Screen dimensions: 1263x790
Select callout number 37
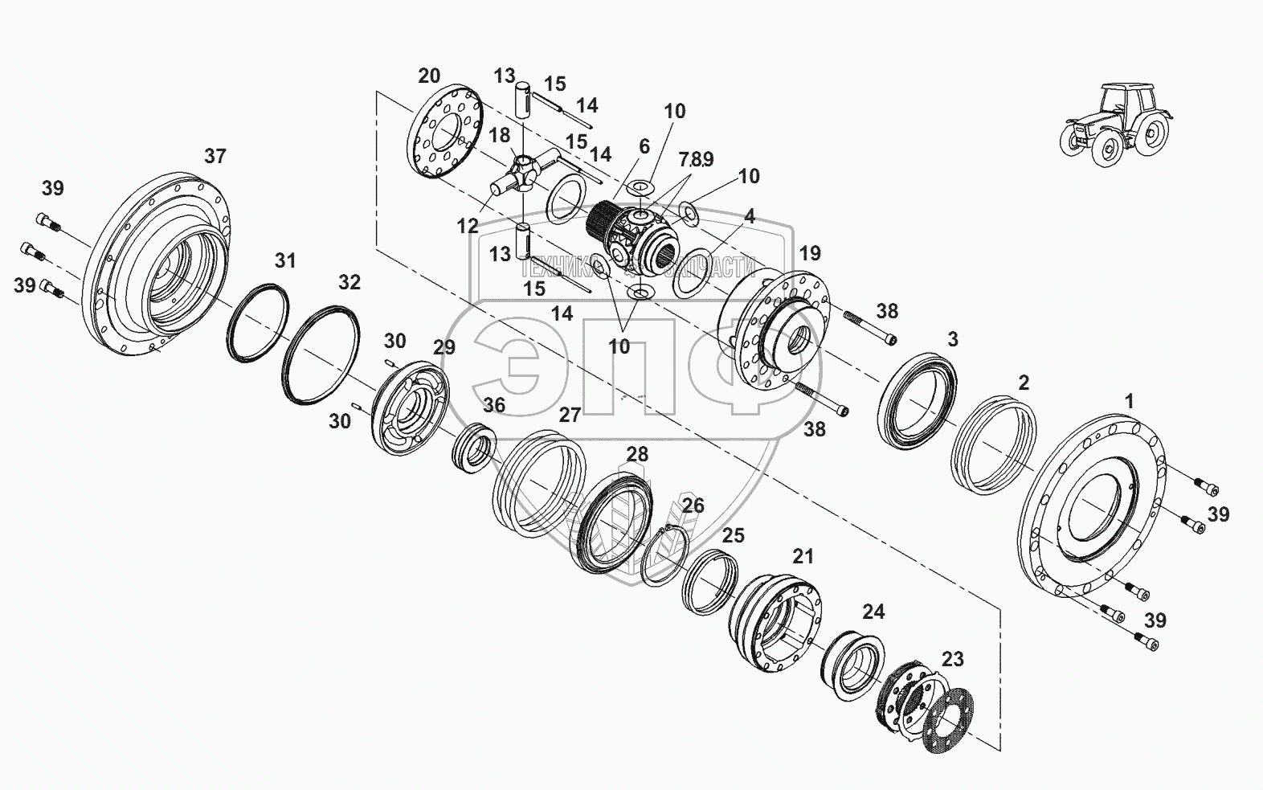215,157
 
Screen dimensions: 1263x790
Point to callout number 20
429,76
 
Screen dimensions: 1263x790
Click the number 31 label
285,260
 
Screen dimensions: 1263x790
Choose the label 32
349,283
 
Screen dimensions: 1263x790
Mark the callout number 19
810,254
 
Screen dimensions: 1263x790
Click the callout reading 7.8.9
696,160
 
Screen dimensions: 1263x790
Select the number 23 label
952,660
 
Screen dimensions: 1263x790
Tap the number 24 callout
873,612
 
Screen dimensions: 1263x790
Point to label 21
803,556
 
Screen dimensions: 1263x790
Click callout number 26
693,506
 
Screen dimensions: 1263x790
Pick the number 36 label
494,405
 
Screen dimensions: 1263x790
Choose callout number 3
953,339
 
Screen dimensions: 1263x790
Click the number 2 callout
1024,383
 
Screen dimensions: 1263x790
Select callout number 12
468,227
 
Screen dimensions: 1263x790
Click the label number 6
644,146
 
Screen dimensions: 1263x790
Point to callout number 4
749,216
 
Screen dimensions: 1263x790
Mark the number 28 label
637,455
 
